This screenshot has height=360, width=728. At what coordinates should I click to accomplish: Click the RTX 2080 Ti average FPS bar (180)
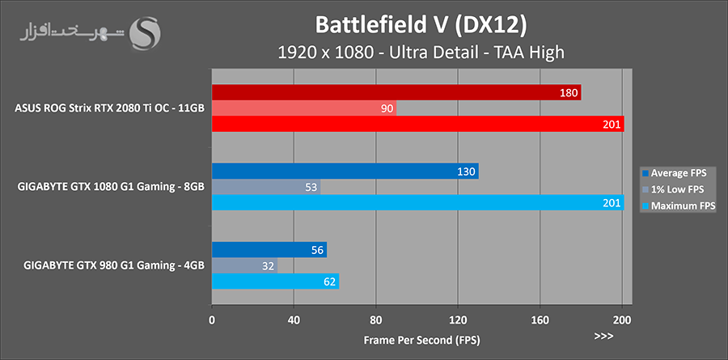tap(396, 93)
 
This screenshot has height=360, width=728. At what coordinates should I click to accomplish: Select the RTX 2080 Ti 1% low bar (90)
tap(303, 108)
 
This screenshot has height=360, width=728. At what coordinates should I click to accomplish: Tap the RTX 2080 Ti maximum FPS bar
tap(417, 124)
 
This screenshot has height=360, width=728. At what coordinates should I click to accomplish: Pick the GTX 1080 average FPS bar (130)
tap(345, 172)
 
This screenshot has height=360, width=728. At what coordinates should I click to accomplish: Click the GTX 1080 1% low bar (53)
tap(265, 187)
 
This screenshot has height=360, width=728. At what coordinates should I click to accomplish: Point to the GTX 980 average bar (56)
tap(269, 250)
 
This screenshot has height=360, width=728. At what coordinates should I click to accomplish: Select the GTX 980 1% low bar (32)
tap(244, 265)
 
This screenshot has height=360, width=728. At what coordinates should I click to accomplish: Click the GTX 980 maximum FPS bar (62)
tap(275, 281)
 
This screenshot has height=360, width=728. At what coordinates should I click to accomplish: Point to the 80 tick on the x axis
tap(376, 319)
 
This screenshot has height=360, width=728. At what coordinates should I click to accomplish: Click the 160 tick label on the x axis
tap(540, 319)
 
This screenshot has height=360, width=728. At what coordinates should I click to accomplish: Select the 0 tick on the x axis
tap(212, 319)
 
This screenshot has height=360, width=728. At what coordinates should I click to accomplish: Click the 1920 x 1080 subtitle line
tap(420, 53)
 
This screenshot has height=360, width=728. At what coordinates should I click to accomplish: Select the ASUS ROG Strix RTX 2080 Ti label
tap(109, 108)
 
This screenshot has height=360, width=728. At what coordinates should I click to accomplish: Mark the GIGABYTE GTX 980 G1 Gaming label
tap(114, 265)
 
